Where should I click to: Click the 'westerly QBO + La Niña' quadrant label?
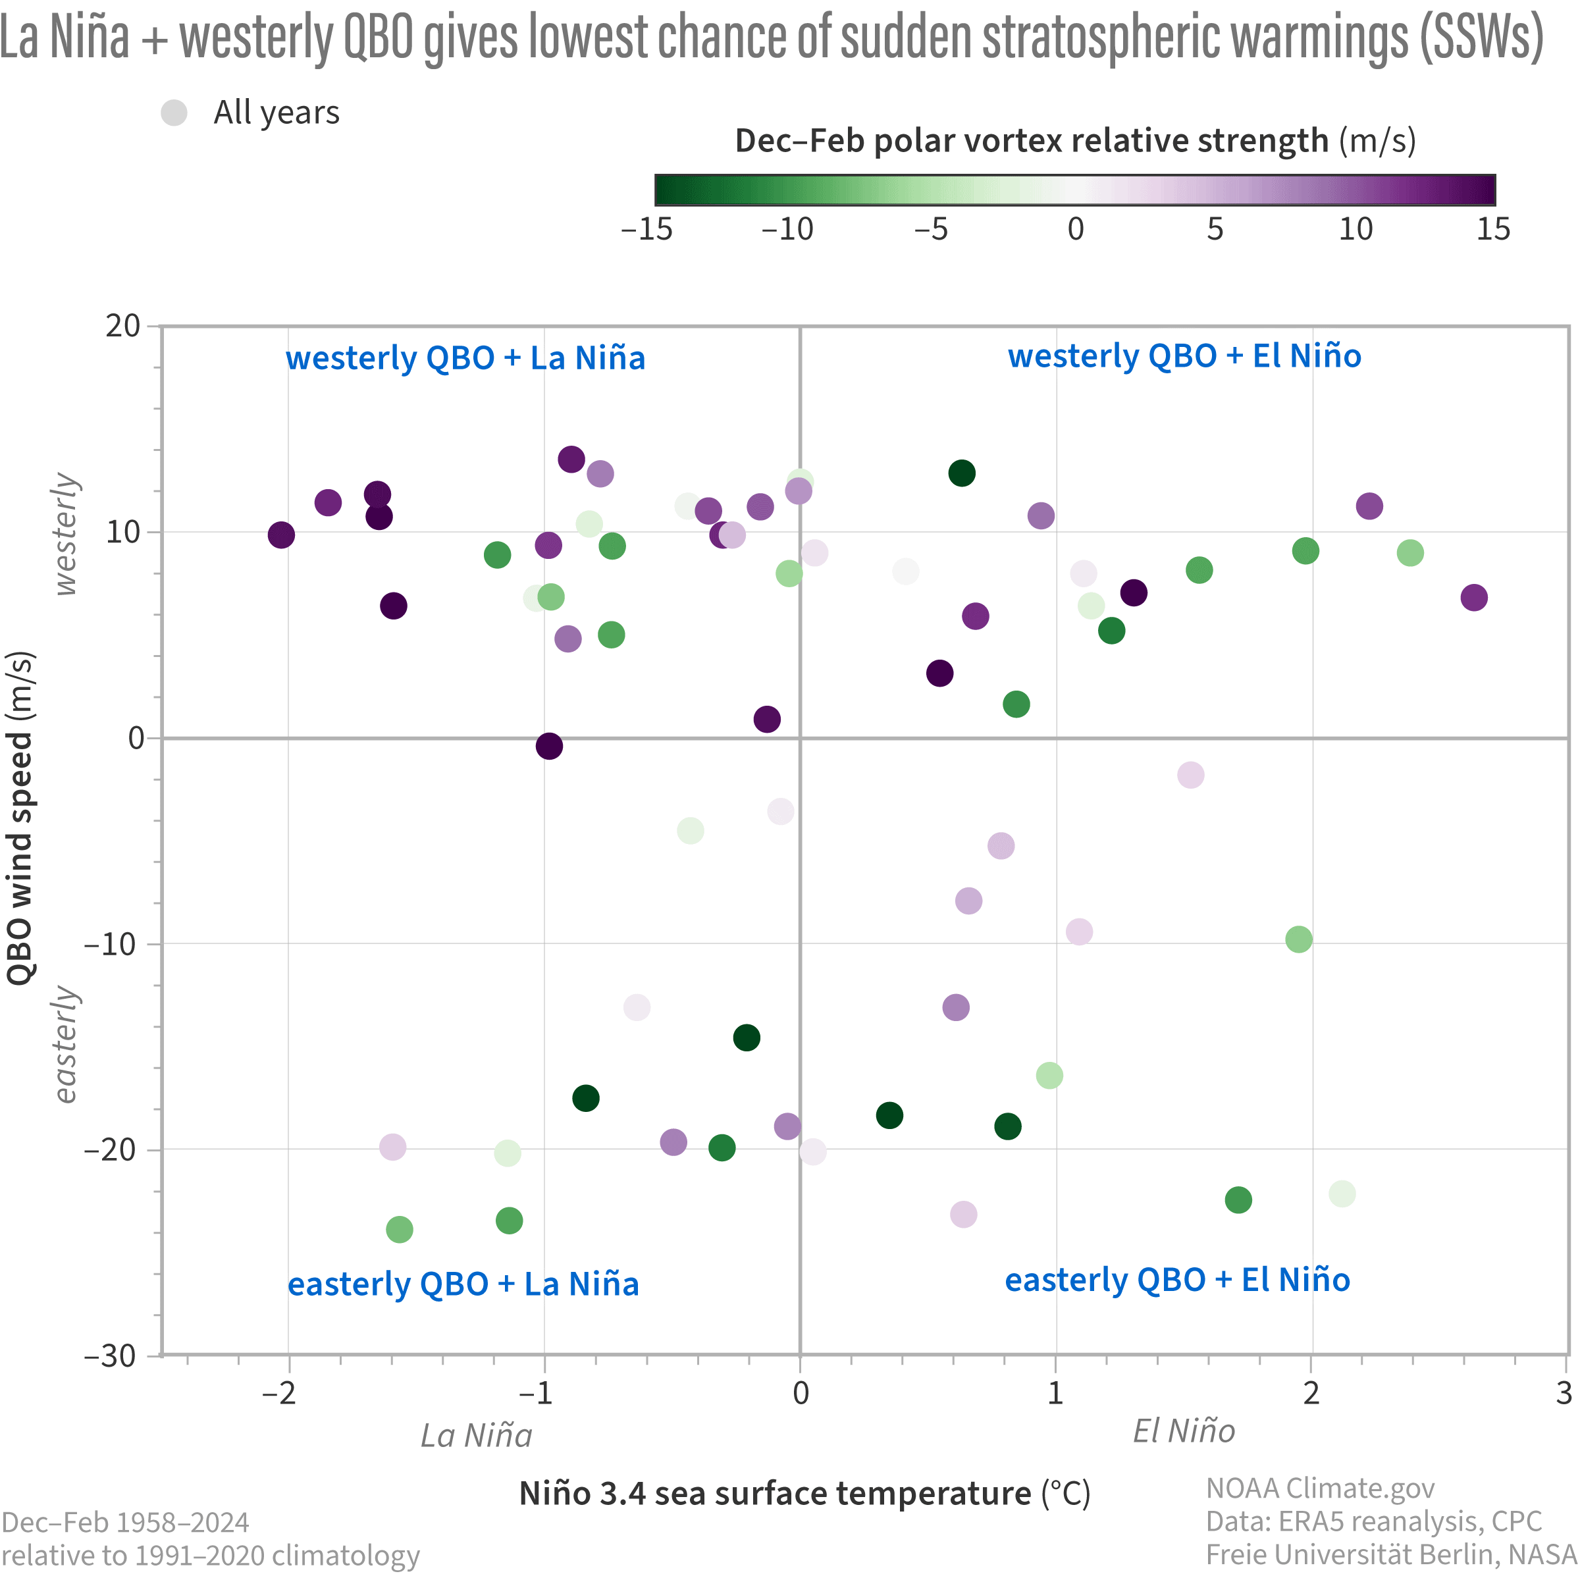tap(465, 358)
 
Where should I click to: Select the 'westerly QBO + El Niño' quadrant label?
tap(1184, 355)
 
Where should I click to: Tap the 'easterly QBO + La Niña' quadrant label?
tap(463, 1283)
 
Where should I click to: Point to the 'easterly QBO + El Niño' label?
tap(1177, 1279)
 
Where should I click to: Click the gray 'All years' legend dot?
tap(174, 113)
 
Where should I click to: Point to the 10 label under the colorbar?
tap(1355, 230)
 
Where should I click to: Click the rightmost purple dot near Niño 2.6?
tap(1474, 598)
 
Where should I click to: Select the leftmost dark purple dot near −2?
tap(281, 536)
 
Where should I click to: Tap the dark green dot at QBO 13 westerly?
tap(962, 473)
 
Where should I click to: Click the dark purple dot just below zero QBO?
tap(550, 746)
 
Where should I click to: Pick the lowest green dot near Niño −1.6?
tap(399, 1229)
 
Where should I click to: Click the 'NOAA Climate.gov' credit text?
tap(1320, 1488)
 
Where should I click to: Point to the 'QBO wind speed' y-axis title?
tap(20, 818)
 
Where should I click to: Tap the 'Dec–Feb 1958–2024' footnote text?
tap(126, 1523)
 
